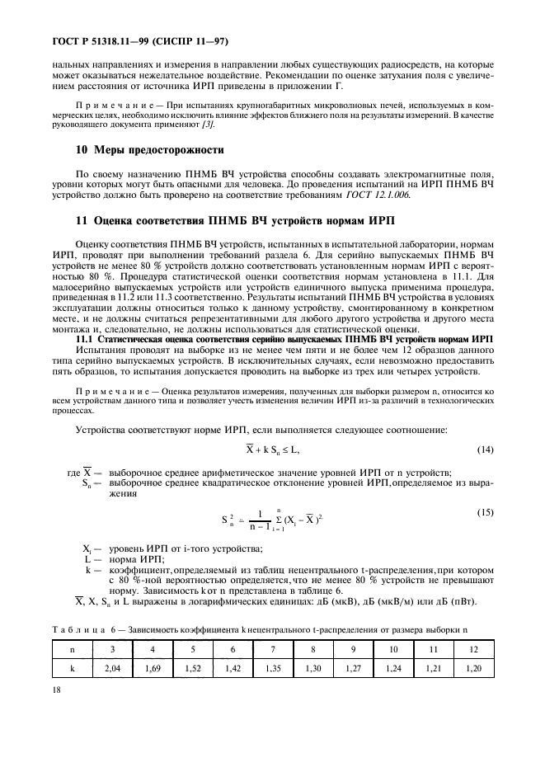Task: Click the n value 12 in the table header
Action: [x=472, y=650]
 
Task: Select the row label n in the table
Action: [x=72, y=650]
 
